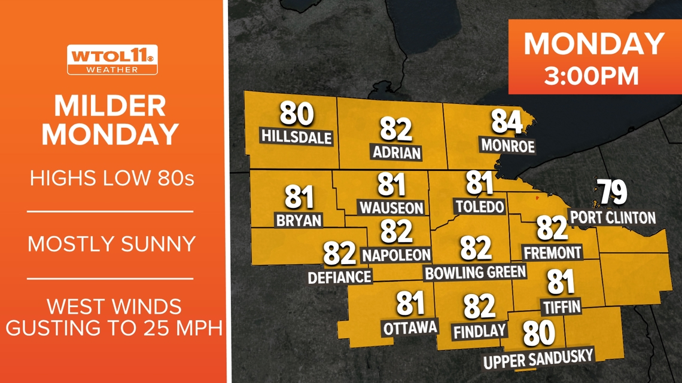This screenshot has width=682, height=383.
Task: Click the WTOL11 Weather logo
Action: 112,60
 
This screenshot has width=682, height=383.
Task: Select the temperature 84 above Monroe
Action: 506,122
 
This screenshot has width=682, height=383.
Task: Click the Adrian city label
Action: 396,152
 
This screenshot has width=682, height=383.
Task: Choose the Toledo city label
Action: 479,207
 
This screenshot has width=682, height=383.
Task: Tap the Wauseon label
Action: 391,208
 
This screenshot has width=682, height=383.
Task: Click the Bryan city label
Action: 299,220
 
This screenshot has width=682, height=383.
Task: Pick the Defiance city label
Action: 339,277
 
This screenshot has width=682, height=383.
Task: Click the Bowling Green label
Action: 476,272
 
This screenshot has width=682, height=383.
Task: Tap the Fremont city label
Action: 552,253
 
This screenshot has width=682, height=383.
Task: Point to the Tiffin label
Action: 561,307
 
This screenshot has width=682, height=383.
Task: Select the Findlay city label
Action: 480,330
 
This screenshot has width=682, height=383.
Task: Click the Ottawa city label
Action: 410,327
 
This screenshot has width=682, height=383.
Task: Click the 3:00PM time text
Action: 591,75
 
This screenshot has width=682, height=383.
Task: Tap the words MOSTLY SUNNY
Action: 112,244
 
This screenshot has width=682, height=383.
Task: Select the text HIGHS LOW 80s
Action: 112,178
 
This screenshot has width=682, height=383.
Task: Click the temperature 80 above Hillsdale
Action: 297,114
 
